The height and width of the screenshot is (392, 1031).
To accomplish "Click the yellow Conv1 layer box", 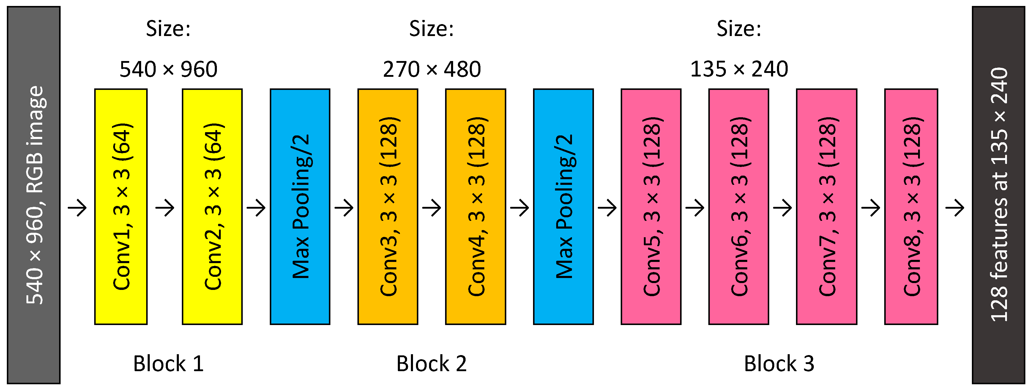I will pyautogui.click(x=121, y=207).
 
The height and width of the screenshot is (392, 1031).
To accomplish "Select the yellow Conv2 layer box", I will pyautogui.click(x=212, y=207).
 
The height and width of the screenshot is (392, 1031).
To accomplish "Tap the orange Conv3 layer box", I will pyautogui.click(x=388, y=207).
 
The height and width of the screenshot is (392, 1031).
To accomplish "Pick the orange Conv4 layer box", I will pyautogui.click(x=475, y=207).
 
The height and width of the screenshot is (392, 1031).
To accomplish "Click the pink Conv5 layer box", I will pyautogui.click(x=651, y=207).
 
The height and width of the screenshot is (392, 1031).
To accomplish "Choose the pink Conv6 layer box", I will pyautogui.click(x=738, y=207).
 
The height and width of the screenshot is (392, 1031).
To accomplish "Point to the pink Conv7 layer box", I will pyautogui.click(x=827, y=207).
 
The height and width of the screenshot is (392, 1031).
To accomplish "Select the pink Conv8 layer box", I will pyautogui.click(x=911, y=207).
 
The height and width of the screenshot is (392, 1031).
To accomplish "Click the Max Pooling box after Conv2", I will pyautogui.click(x=300, y=207).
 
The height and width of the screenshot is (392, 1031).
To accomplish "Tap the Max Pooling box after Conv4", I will pyautogui.click(x=563, y=207).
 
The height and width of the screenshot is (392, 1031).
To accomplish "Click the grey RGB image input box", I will pyautogui.click(x=34, y=195).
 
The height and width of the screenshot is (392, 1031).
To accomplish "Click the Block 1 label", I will pyautogui.click(x=168, y=363).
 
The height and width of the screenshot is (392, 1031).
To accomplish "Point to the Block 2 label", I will pyautogui.click(x=431, y=363).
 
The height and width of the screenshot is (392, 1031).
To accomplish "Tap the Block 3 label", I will pyautogui.click(x=779, y=363).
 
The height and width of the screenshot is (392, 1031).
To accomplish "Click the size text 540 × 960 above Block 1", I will pyautogui.click(x=168, y=69).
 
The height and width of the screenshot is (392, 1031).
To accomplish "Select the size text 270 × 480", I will pyautogui.click(x=432, y=69).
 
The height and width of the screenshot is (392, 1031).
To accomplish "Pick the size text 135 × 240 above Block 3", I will pyautogui.click(x=739, y=69).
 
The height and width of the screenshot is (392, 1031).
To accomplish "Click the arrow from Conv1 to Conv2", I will pyautogui.click(x=165, y=208).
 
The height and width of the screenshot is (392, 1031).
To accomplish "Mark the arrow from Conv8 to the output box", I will pyautogui.click(x=955, y=208).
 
